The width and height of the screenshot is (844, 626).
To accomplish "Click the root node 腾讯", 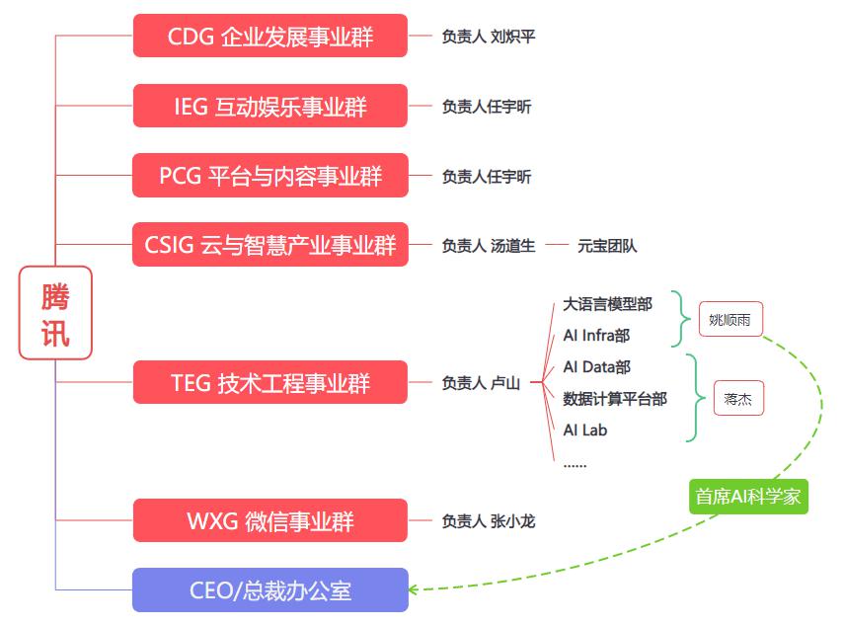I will (x=55, y=312).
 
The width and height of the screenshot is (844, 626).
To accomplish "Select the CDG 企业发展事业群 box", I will (x=269, y=36).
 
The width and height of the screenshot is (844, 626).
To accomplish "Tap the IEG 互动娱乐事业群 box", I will (x=269, y=106).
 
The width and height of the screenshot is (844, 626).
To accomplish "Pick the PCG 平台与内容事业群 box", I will (x=269, y=176).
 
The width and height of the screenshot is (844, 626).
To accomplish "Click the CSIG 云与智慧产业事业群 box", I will (x=269, y=245).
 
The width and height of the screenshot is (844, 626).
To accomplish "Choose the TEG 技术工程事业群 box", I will (x=269, y=382).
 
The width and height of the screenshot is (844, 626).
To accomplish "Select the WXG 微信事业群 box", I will (x=269, y=520).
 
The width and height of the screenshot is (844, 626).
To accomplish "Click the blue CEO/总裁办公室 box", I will (x=269, y=590).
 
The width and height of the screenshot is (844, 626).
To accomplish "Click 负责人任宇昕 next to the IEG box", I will (x=486, y=107).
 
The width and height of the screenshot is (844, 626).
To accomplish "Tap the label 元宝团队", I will (x=607, y=246).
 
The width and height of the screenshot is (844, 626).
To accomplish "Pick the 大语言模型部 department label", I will (x=607, y=304).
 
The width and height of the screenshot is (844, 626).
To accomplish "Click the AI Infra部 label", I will (x=596, y=336).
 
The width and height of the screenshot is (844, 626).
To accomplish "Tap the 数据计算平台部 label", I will (x=615, y=399).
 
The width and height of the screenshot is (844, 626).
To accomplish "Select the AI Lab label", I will (x=585, y=430).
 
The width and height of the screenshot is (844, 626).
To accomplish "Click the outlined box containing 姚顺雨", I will (x=730, y=319).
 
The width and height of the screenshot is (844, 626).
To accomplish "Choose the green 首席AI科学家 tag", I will (x=748, y=497).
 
